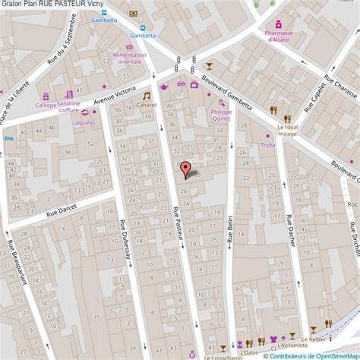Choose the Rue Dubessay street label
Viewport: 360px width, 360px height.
coord(124,240)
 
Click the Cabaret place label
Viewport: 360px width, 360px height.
coord(147,105)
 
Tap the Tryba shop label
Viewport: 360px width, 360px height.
coord(267,144)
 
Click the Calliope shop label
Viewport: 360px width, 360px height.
coord(46,106)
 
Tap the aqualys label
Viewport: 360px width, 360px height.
coord(85,122)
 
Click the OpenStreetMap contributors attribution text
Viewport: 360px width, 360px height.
coord(311,355)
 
